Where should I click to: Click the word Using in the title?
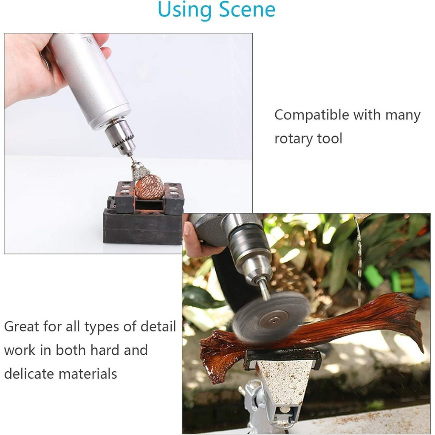click(x=185, y=11)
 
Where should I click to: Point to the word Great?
click(x=22, y=327)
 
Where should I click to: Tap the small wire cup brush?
click(x=141, y=171)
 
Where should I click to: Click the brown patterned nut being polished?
click(x=150, y=187)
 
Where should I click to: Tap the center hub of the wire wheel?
click(x=274, y=321)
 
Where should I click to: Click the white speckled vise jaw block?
click(x=284, y=382)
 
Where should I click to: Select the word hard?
click(x=105, y=350)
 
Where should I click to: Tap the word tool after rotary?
click(x=330, y=138)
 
